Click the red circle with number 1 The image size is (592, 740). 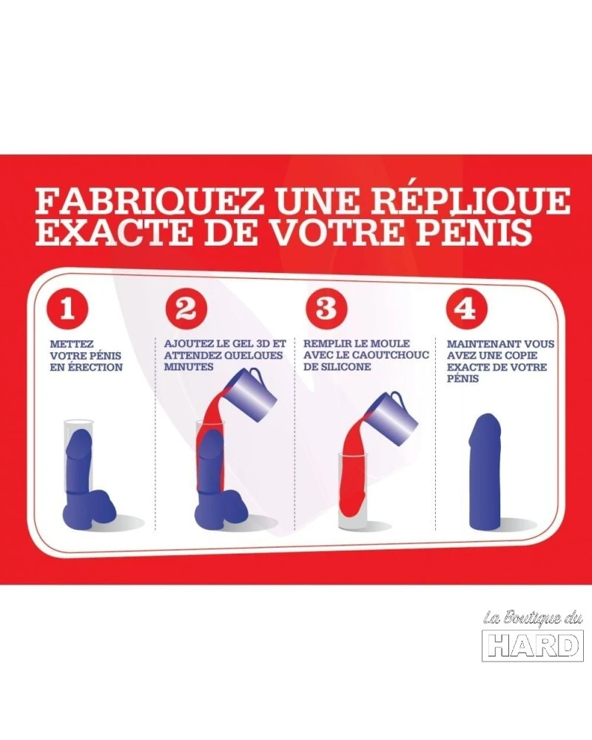tap(67, 311)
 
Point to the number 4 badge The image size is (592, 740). tap(460, 309)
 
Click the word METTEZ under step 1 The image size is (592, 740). tap(71, 345)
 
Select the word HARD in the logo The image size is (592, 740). tap(532, 647)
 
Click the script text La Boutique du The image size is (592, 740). tap(531, 619)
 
